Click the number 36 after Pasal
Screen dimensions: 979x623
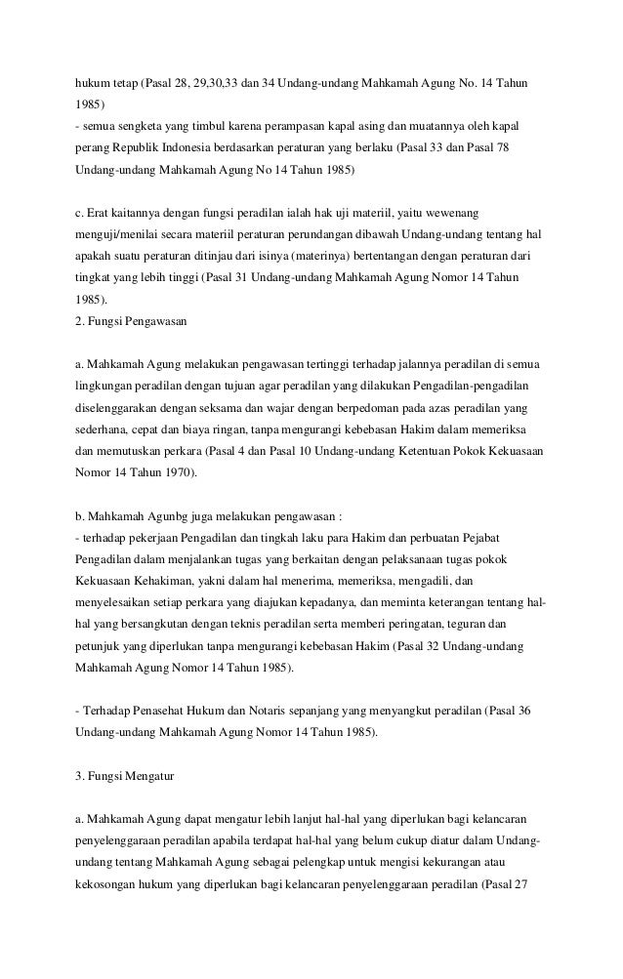(x=522, y=710)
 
